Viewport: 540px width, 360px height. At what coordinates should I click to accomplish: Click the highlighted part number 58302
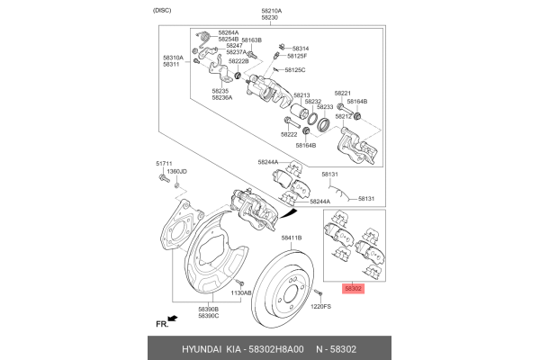click(x=352, y=290)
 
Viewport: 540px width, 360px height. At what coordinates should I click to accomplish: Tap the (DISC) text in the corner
click(x=162, y=10)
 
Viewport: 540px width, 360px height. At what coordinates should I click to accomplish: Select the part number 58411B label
click(x=291, y=238)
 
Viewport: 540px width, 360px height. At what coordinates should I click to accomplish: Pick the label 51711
click(x=163, y=163)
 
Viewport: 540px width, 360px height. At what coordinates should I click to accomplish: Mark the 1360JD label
click(x=177, y=171)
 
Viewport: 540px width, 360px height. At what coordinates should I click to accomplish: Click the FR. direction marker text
click(x=162, y=322)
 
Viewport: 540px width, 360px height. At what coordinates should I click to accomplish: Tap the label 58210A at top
click(x=271, y=10)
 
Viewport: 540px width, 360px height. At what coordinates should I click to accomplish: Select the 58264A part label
click(x=229, y=32)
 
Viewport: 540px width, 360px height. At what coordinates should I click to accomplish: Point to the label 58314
click(x=300, y=48)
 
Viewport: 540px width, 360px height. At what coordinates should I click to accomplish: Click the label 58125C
click(x=295, y=69)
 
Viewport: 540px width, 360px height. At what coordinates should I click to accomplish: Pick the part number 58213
click(x=301, y=94)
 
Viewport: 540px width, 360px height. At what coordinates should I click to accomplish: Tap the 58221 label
click(x=343, y=93)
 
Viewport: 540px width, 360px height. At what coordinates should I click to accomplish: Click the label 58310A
click(x=173, y=58)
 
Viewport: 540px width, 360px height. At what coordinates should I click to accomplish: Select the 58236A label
click(x=222, y=97)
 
